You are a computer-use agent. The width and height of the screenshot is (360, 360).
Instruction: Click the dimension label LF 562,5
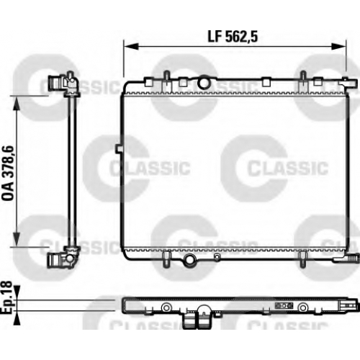pos(233,37)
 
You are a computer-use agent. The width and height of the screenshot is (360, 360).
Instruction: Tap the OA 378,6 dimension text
pos(9,173)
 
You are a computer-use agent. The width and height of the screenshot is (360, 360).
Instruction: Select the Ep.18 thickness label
pos(6,297)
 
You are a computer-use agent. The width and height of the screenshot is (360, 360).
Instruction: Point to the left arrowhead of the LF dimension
pos(131,46)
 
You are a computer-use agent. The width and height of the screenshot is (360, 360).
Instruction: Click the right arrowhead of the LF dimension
pos(338,46)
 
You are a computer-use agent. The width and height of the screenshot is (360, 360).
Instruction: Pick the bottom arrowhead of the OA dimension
pos(16,238)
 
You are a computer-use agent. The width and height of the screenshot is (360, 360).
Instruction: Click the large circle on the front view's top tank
pos(204,82)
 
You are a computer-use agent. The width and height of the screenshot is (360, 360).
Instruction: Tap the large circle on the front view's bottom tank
pos(189,260)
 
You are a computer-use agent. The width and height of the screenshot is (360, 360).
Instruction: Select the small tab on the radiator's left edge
pos(119,149)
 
